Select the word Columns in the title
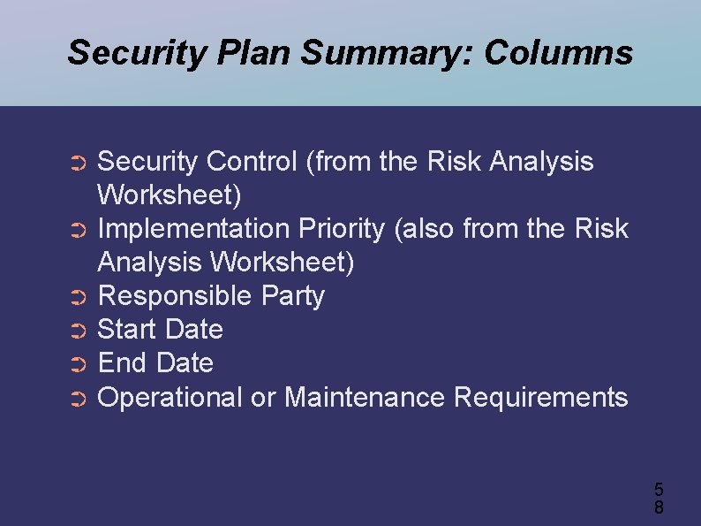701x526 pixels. pyautogui.click(x=558, y=53)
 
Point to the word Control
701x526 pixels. pyautogui.click(x=252, y=162)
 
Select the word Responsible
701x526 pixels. pyautogui.click(x=175, y=296)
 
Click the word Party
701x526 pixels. pyautogui.click(x=293, y=296)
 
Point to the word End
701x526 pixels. pyautogui.click(x=123, y=363)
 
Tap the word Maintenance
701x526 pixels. pyautogui.click(x=365, y=398)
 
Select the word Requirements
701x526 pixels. pyautogui.click(x=540, y=398)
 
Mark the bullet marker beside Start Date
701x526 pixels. pyautogui.click(x=78, y=332)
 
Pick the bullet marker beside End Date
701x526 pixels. pyautogui.click(x=78, y=365)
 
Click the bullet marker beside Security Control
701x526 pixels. pyautogui.click(x=78, y=164)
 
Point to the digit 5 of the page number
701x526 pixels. pyautogui.click(x=659, y=489)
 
